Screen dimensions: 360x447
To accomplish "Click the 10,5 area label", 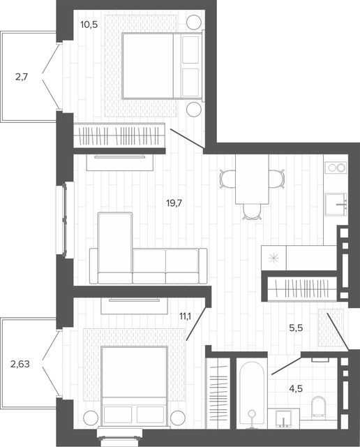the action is (89, 25).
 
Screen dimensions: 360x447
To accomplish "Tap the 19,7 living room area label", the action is (174, 203).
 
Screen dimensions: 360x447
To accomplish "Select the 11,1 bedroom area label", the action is (185, 316).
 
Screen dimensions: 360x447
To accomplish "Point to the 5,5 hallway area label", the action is (296, 328).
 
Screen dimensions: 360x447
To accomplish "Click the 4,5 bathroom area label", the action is (296, 388).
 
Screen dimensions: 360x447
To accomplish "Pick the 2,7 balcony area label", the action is (22, 77).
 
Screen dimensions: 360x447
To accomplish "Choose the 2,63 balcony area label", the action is (20, 364).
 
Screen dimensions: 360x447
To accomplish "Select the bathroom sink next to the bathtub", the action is (283, 418).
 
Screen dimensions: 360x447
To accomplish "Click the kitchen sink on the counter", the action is (336, 204).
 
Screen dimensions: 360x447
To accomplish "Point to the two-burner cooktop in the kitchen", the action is (336, 168).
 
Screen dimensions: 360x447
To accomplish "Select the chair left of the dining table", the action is (227, 179).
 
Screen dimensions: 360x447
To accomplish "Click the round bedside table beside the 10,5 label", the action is (194, 22).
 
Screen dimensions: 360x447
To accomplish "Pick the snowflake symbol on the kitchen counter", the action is (273, 258).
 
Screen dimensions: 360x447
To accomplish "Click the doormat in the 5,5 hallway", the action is (331, 328).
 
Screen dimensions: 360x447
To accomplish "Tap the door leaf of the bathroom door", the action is (286, 365).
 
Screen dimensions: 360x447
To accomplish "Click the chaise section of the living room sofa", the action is (115, 248).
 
